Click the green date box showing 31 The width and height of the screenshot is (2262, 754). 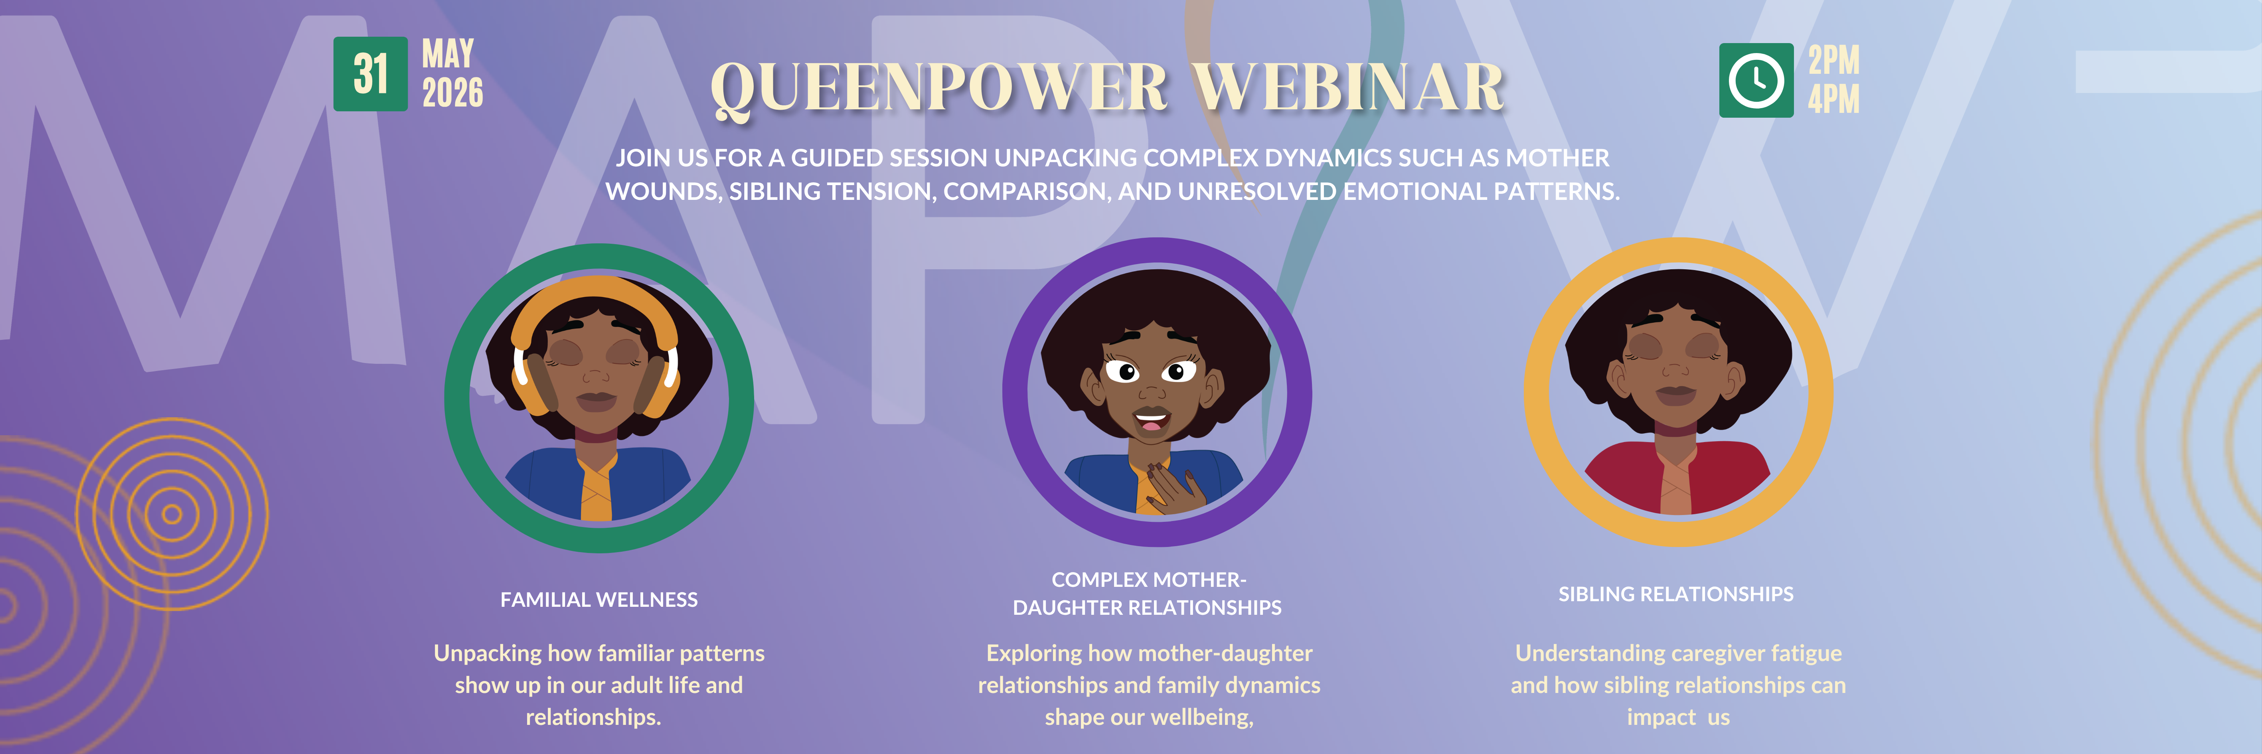pos(371,74)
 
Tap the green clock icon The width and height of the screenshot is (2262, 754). pos(1756,80)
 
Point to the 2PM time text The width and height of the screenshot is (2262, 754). pos(1833,60)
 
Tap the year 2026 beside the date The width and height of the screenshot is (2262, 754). pos(452,92)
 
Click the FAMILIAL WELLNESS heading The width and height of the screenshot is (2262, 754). pos(599,600)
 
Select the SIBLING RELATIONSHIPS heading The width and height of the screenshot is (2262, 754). pos(1675,594)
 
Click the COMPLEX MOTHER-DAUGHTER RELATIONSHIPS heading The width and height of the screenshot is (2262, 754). pos(1147,593)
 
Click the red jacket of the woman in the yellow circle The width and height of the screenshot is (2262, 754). pos(1677,478)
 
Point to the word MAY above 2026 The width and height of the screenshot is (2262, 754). pos(448,53)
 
